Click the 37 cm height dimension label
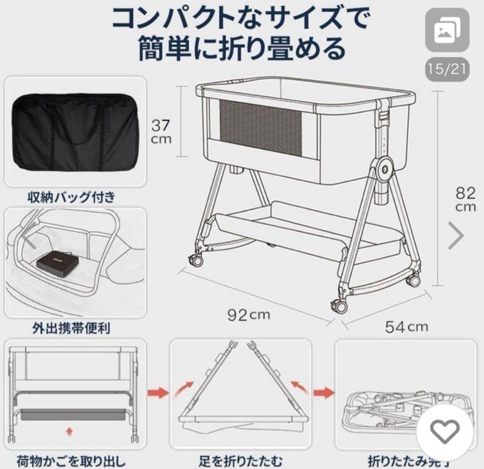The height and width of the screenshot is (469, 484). [x=160, y=130]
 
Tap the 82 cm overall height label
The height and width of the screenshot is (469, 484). [x=466, y=200]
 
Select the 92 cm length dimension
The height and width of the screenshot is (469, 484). [x=249, y=315]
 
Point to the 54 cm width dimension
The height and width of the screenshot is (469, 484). [x=406, y=326]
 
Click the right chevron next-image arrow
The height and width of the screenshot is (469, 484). [x=456, y=235]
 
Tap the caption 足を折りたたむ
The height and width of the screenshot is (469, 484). [x=240, y=460]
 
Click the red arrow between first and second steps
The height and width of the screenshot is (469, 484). [x=159, y=394]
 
